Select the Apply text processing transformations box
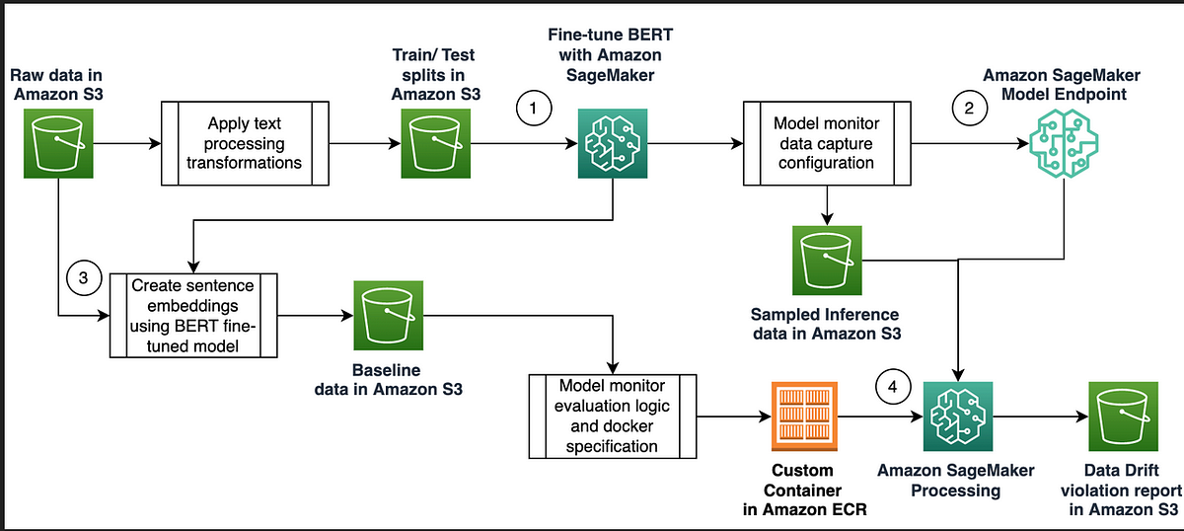coord(244,142)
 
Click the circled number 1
coord(533,110)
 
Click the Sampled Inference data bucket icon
coord(828,260)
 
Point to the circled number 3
coord(83,278)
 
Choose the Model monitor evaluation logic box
coord(613,415)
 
